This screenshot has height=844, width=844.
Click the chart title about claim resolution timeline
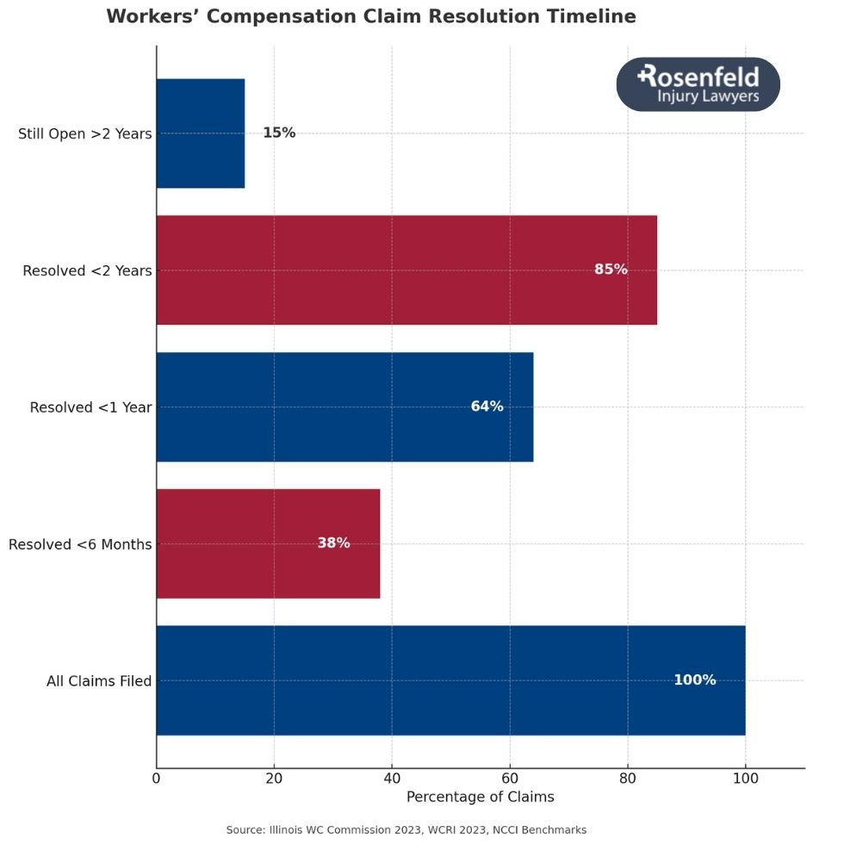(371, 16)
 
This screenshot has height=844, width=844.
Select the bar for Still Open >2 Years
(201, 133)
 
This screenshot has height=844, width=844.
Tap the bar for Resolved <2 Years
(406, 270)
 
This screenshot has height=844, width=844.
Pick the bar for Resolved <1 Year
(344, 406)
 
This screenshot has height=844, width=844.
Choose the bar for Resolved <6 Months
(268, 543)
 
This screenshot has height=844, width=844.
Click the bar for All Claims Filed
(450, 680)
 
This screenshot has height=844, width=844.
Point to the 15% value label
(279, 133)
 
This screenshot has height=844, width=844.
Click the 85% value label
(611, 270)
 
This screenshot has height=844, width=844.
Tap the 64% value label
(487, 406)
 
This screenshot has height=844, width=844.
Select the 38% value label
(333, 543)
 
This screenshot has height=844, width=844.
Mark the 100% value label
(694, 680)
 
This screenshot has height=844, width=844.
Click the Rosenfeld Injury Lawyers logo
(698, 84)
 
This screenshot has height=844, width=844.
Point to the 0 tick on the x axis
(157, 779)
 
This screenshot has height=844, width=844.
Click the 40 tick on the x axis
(392, 779)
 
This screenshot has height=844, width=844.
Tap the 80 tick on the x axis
(628, 779)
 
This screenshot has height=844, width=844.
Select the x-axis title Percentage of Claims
(480, 797)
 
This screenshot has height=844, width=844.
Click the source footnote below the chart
(406, 829)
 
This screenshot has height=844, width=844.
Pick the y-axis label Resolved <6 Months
(79, 544)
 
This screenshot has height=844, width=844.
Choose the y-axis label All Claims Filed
(99, 681)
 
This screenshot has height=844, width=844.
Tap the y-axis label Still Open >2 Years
(84, 133)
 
